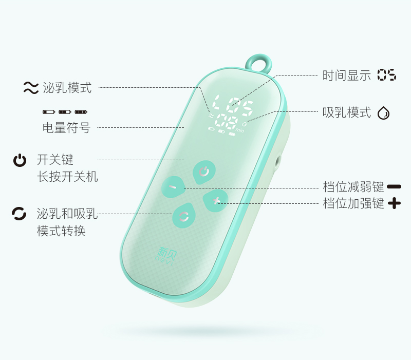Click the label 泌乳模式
(67, 88)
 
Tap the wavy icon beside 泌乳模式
(31, 88)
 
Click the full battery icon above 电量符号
(81, 111)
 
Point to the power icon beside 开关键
(20, 161)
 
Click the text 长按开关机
(67, 177)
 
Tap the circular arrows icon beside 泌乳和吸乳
(19, 213)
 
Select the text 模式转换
(61, 231)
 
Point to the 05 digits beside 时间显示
(386, 75)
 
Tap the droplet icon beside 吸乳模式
(383, 113)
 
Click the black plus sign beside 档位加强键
(394, 203)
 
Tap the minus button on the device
(173, 187)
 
